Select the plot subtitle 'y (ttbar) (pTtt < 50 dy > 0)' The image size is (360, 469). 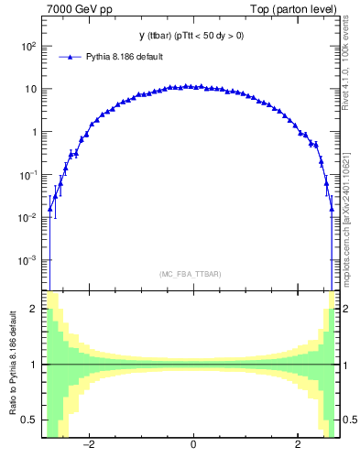tap(191, 36)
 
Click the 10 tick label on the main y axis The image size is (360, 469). tap(29, 89)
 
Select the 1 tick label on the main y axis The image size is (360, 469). tap(35, 132)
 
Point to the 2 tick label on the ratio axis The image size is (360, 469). tap(35, 310)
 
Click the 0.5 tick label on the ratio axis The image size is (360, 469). tap(30, 420)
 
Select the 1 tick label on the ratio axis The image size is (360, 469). tap(35, 365)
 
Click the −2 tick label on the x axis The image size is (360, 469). tap(88, 446)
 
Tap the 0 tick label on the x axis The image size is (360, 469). tap(192, 446)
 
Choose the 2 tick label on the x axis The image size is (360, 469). tap(298, 446)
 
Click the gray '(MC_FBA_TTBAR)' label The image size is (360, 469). tap(191, 274)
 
